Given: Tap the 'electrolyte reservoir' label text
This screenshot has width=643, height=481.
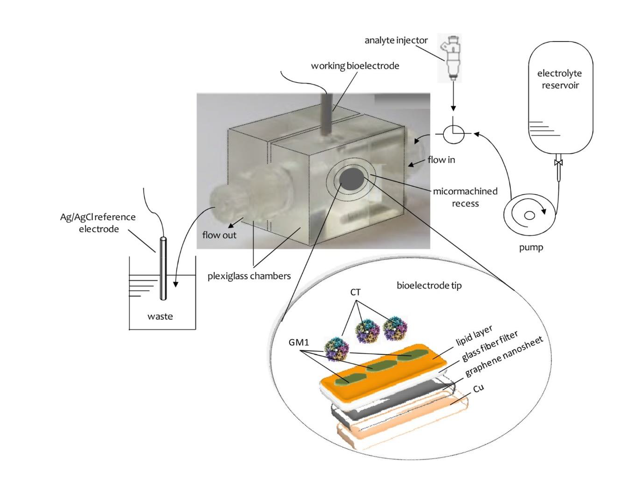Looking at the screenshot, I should click(559, 79).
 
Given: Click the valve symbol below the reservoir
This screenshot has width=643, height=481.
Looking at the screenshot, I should click(558, 163).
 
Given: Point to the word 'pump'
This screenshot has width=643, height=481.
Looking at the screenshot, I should click(531, 247).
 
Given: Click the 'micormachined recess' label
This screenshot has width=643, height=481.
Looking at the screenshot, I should click(465, 197).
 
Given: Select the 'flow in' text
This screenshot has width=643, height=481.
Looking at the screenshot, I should click(441, 160).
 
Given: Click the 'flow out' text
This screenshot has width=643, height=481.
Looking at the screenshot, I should click(219, 235).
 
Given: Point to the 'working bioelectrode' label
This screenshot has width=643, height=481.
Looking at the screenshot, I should click(355, 66).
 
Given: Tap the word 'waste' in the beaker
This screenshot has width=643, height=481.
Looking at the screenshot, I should click(160, 316).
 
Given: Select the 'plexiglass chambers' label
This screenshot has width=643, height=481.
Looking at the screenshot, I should click(249, 276).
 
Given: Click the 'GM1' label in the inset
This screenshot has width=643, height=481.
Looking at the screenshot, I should click(298, 343).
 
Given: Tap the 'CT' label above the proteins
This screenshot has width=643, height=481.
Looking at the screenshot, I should click(355, 293).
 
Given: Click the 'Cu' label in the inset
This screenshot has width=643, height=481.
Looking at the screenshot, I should click(478, 388).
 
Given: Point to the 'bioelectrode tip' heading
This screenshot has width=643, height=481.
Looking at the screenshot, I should click(429, 285).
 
